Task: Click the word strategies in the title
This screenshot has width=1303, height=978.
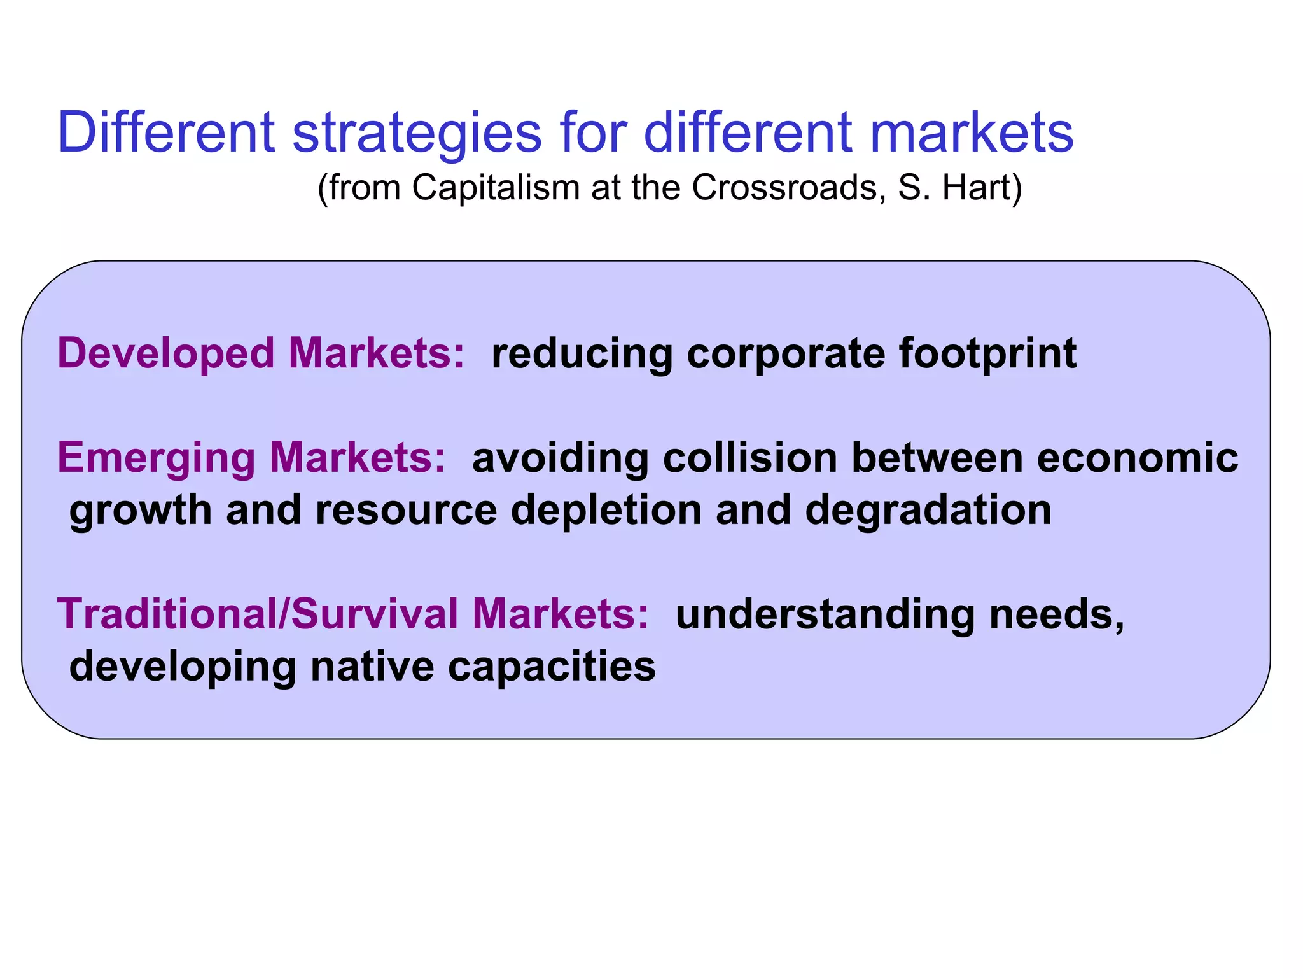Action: coord(417,134)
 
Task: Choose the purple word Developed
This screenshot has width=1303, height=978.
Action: coord(165,353)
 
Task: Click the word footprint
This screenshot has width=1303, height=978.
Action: coord(987,353)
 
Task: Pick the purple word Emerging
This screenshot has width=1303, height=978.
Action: coord(156,458)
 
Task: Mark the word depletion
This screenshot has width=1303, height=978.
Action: coord(606,511)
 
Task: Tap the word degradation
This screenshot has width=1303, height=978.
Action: coord(928,511)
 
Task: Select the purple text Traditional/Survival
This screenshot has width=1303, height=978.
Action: coord(258,614)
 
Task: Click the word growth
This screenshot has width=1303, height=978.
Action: coord(141,511)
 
